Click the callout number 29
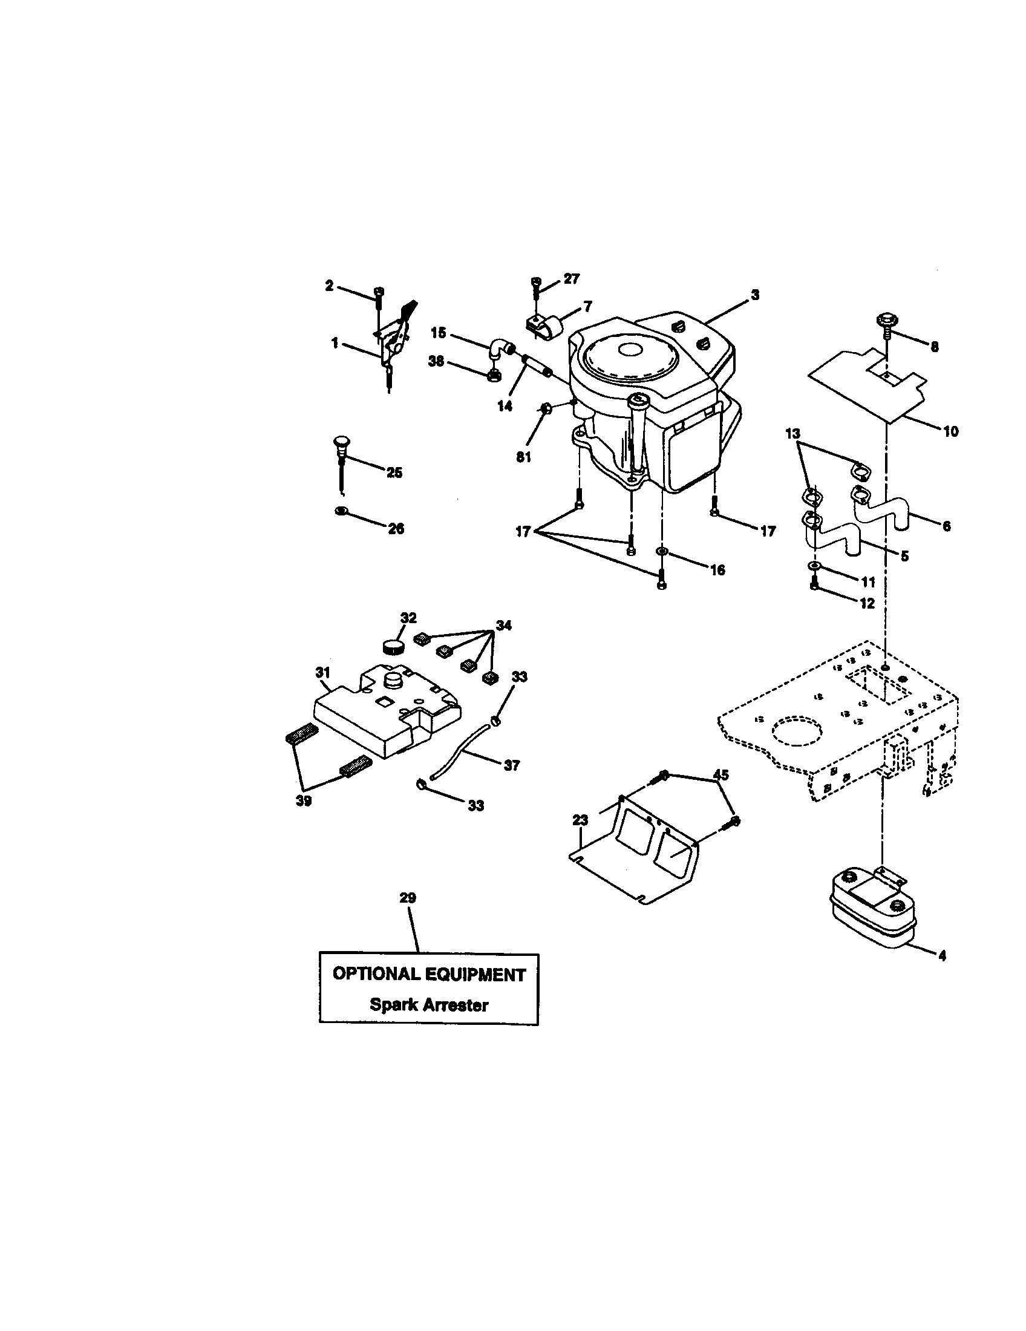pos(408,898)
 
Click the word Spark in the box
pos(391,1005)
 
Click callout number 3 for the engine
pos(755,295)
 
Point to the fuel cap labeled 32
pos(393,646)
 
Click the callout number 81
pos(523,457)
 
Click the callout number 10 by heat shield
pos(950,431)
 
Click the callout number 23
pos(581,820)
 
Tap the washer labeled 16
pos(662,552)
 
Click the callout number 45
pos(720,775)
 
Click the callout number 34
pos(503,626)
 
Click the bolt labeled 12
pos(814,584)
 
